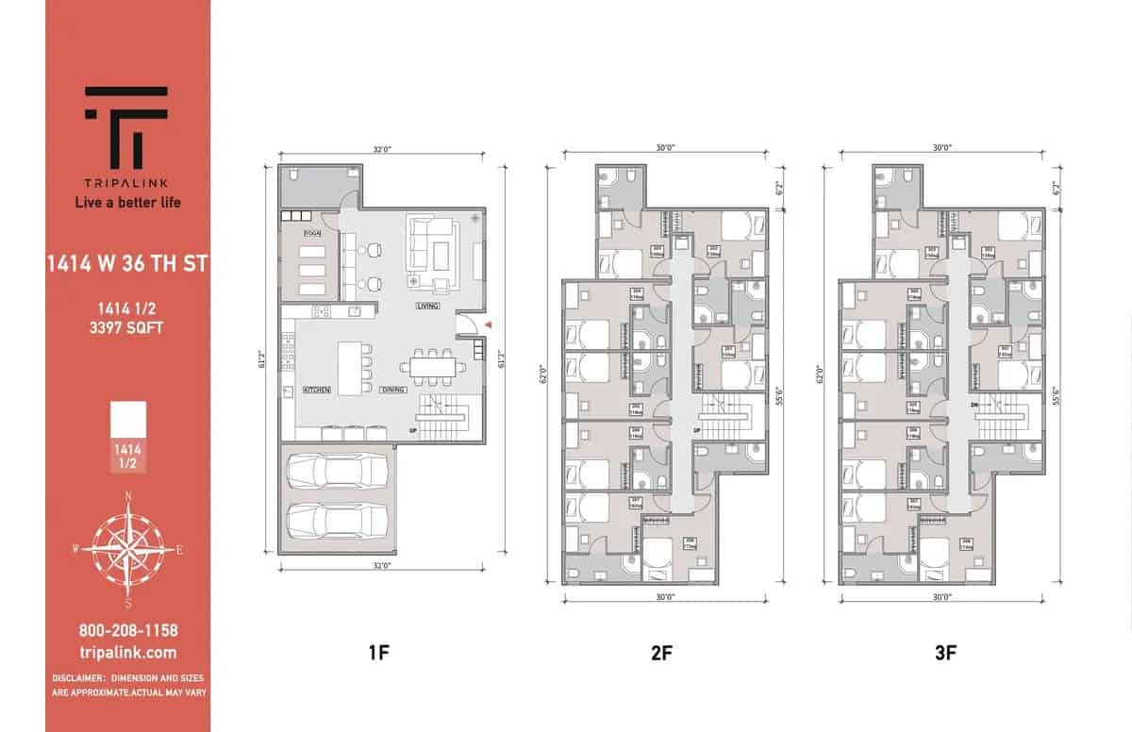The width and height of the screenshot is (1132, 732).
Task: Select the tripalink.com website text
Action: [127, 653]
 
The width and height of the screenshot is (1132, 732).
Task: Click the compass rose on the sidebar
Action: [128, 547]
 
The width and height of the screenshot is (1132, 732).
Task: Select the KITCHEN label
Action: [316, 390]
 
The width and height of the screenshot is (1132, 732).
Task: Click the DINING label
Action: [393, 390]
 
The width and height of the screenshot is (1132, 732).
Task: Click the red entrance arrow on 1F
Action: [488, 325]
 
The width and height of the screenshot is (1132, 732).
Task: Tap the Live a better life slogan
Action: [127, 202]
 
